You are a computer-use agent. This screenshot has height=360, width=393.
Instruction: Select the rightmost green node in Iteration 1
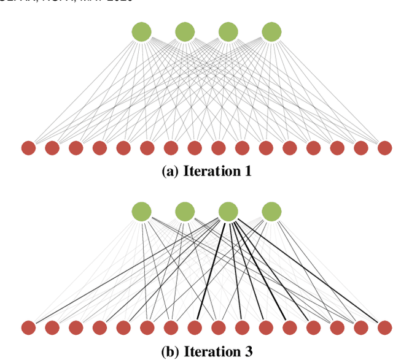pyautogui.click(x=271, y=32)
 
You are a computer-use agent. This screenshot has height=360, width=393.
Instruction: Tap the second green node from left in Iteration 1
pyautogui.click(x=185, y=32)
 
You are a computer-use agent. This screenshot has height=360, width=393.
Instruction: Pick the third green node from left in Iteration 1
pyautogui.click(x=228, y=32)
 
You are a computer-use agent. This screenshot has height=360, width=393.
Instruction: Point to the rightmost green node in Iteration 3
pyautogui.click(x=271, y=212)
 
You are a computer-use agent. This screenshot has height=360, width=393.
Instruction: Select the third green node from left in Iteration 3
pyautogui.click(x=228, y=212)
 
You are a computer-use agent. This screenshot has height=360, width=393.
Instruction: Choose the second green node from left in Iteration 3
pyautogui.click(x=185, y=212)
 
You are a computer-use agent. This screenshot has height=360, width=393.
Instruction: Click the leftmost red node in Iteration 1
pyautogui.click(x=28, y=148)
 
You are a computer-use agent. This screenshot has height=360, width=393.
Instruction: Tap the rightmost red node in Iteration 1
pyautogui.click(x=384, y=148)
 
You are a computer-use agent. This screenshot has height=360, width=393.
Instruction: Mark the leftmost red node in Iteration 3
pyautogui.click(x=28, y=328)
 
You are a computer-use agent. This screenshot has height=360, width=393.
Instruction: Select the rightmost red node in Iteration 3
pyautogui.click(x=384, y=328)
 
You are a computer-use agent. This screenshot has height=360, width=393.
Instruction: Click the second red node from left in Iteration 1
pyautogui.click(x=52, y=148)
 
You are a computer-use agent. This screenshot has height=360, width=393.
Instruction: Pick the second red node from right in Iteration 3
pyautogui.click(x=360, y=328)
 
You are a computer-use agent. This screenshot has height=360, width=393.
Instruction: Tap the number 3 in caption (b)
pyautogui.click(x=248, y=352)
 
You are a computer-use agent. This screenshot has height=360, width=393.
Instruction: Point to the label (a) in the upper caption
pyautogui.click(x=169, y=172)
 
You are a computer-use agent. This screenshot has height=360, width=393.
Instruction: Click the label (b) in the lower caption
pyautogui.click(x=169, y=352)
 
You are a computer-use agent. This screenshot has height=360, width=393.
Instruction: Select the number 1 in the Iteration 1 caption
pyautogui.click(x=247, y=172)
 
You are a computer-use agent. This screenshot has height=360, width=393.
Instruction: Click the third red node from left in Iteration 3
pyautogui.click(x=76, y=328)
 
